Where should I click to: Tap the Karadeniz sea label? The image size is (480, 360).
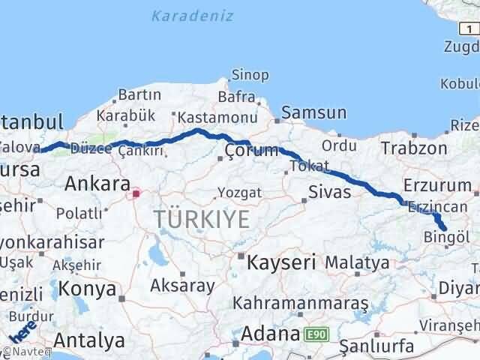point(192,16)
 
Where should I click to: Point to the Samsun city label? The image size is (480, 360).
point(314,113)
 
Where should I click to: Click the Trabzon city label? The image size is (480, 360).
point(414,148)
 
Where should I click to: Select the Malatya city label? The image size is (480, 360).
point(357,263)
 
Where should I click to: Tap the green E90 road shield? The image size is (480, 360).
point(316,333)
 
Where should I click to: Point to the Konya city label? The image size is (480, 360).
point(88,289)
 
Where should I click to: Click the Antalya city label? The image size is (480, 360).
point(89,340)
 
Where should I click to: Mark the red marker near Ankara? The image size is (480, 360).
point(136,193)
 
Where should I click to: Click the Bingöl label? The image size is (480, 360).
point(447,238)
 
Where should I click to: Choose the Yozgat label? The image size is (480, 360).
point(240,193)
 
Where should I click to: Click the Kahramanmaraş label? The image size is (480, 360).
point(301,304)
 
